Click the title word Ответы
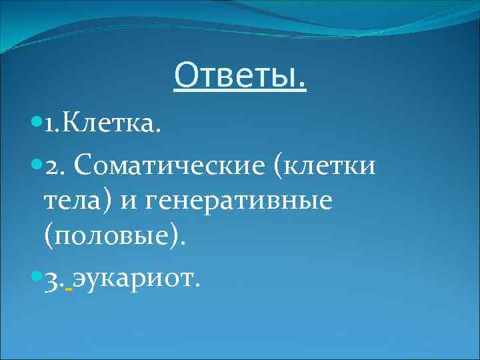[240, 75]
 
